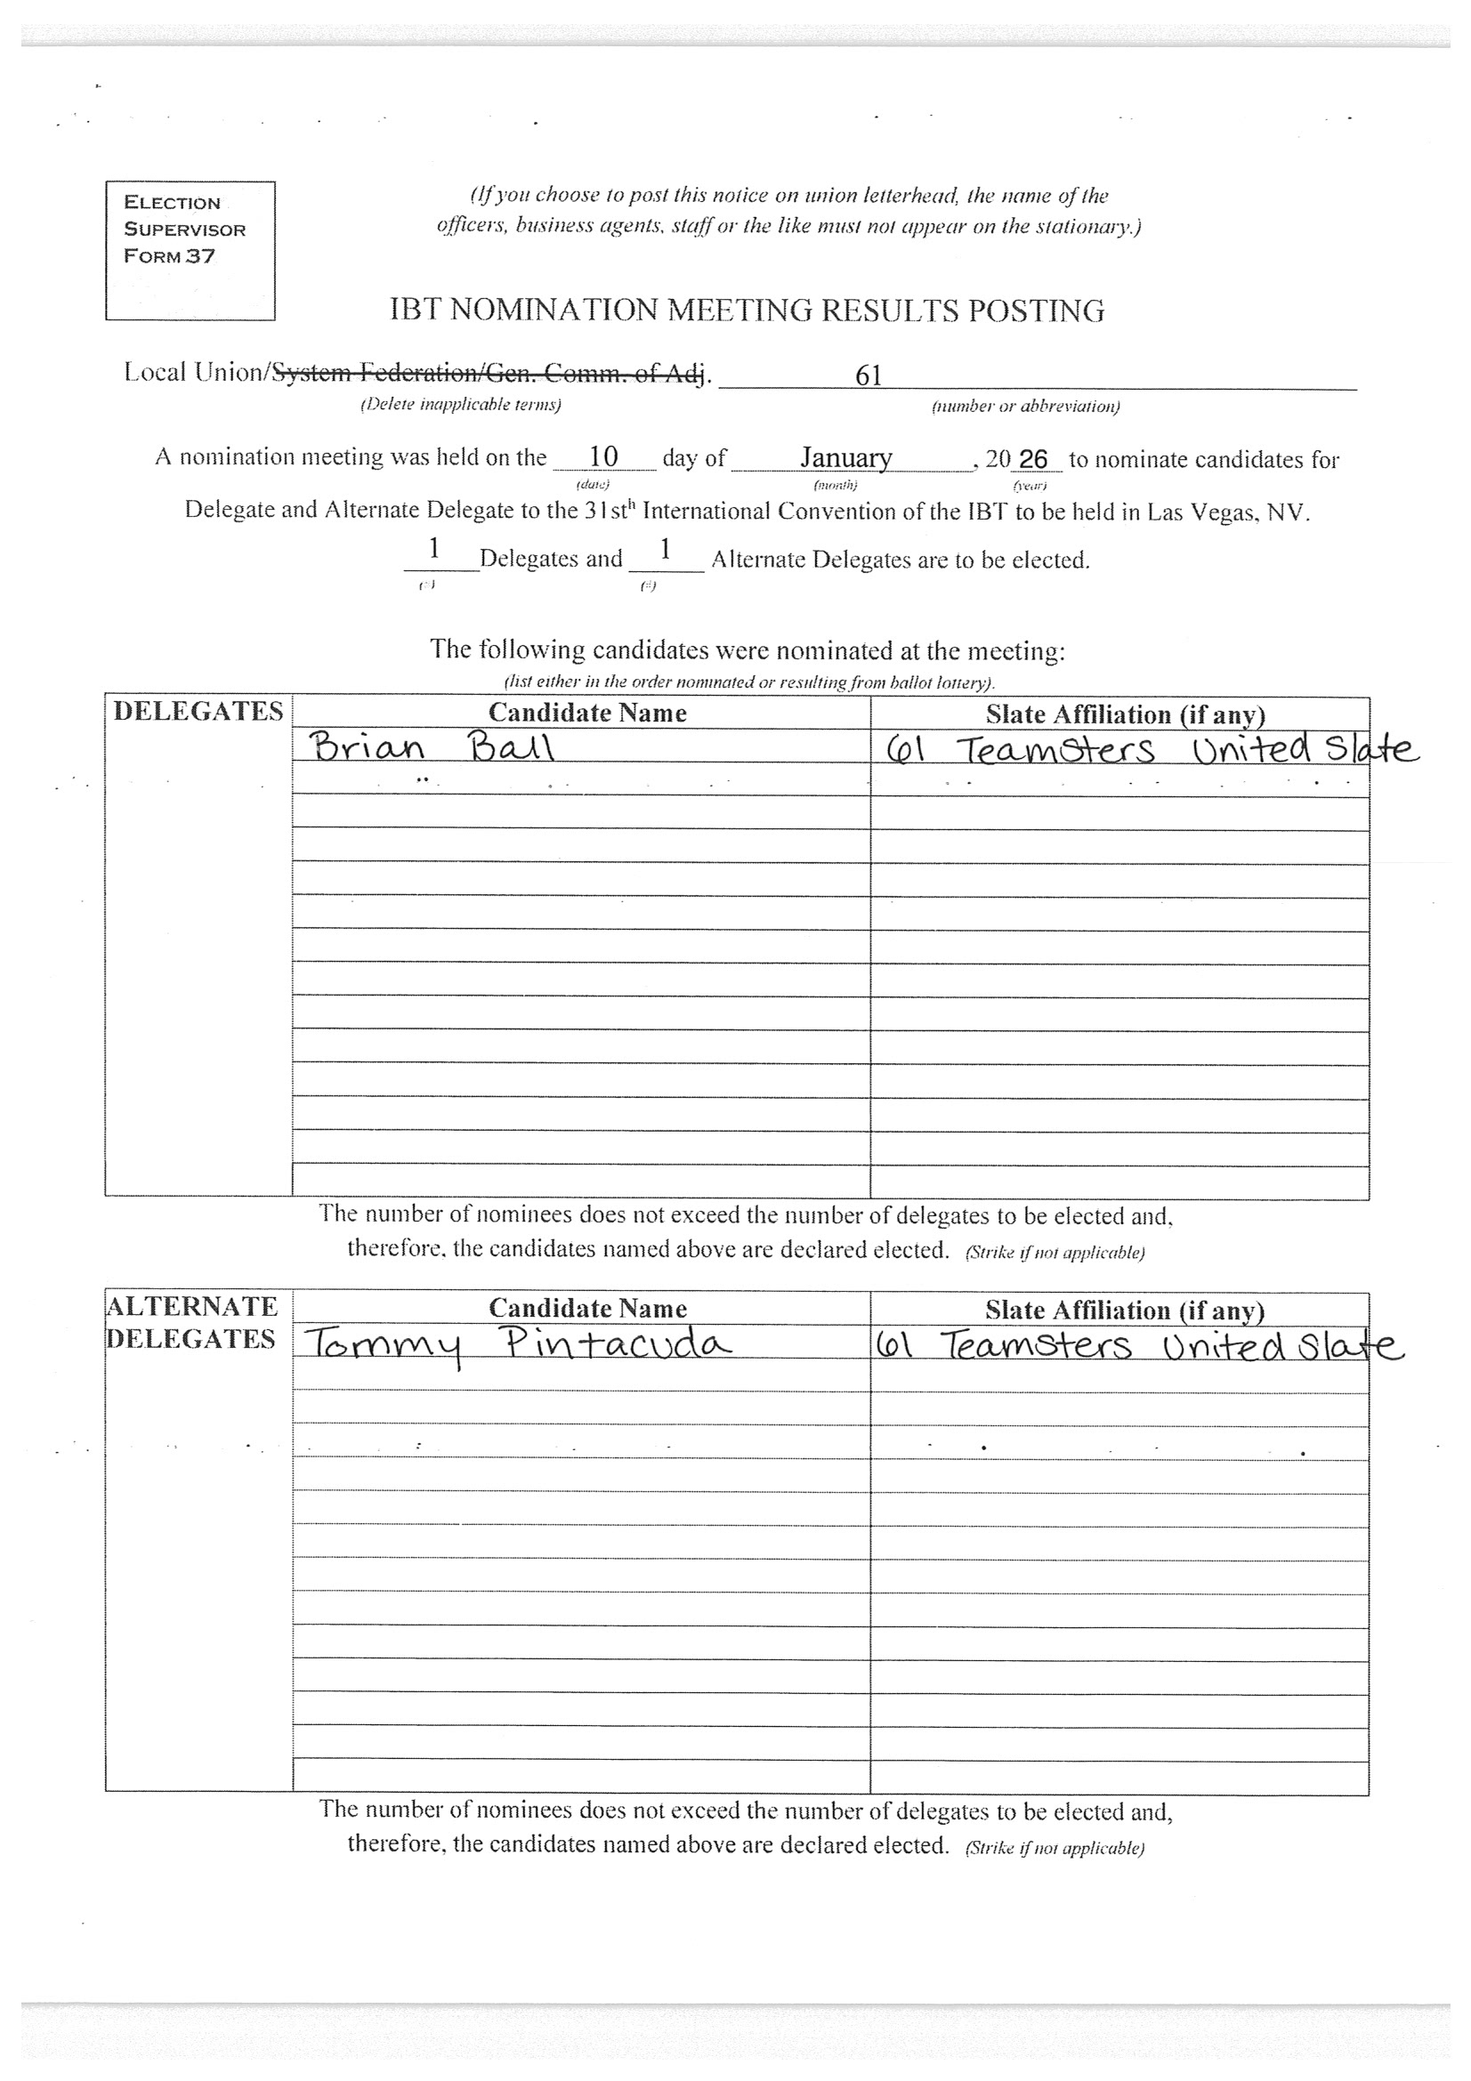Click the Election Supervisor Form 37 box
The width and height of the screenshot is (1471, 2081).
tap(190, 249)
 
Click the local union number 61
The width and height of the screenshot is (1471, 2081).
tap(869, 375)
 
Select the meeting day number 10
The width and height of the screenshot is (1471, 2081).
tap(602, 456)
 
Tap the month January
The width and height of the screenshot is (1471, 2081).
tap(845, 457)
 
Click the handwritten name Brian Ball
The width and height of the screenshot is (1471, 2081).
tap(432, 747)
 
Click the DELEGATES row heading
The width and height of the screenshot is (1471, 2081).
tap(198, 712)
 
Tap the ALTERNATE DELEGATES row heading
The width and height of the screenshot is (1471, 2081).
tap(192, 1322)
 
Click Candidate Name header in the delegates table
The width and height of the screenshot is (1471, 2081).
tap(587, 714)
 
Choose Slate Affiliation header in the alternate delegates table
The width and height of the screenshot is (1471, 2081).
tap(1124, 1311)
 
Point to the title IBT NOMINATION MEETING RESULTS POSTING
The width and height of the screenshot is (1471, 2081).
tap(747, 311)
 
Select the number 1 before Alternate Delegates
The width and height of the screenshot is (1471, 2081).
tap(666, 549)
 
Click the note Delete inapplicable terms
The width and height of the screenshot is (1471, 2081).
tap(460, 405)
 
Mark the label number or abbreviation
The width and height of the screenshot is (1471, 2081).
tap(1025, 406)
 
